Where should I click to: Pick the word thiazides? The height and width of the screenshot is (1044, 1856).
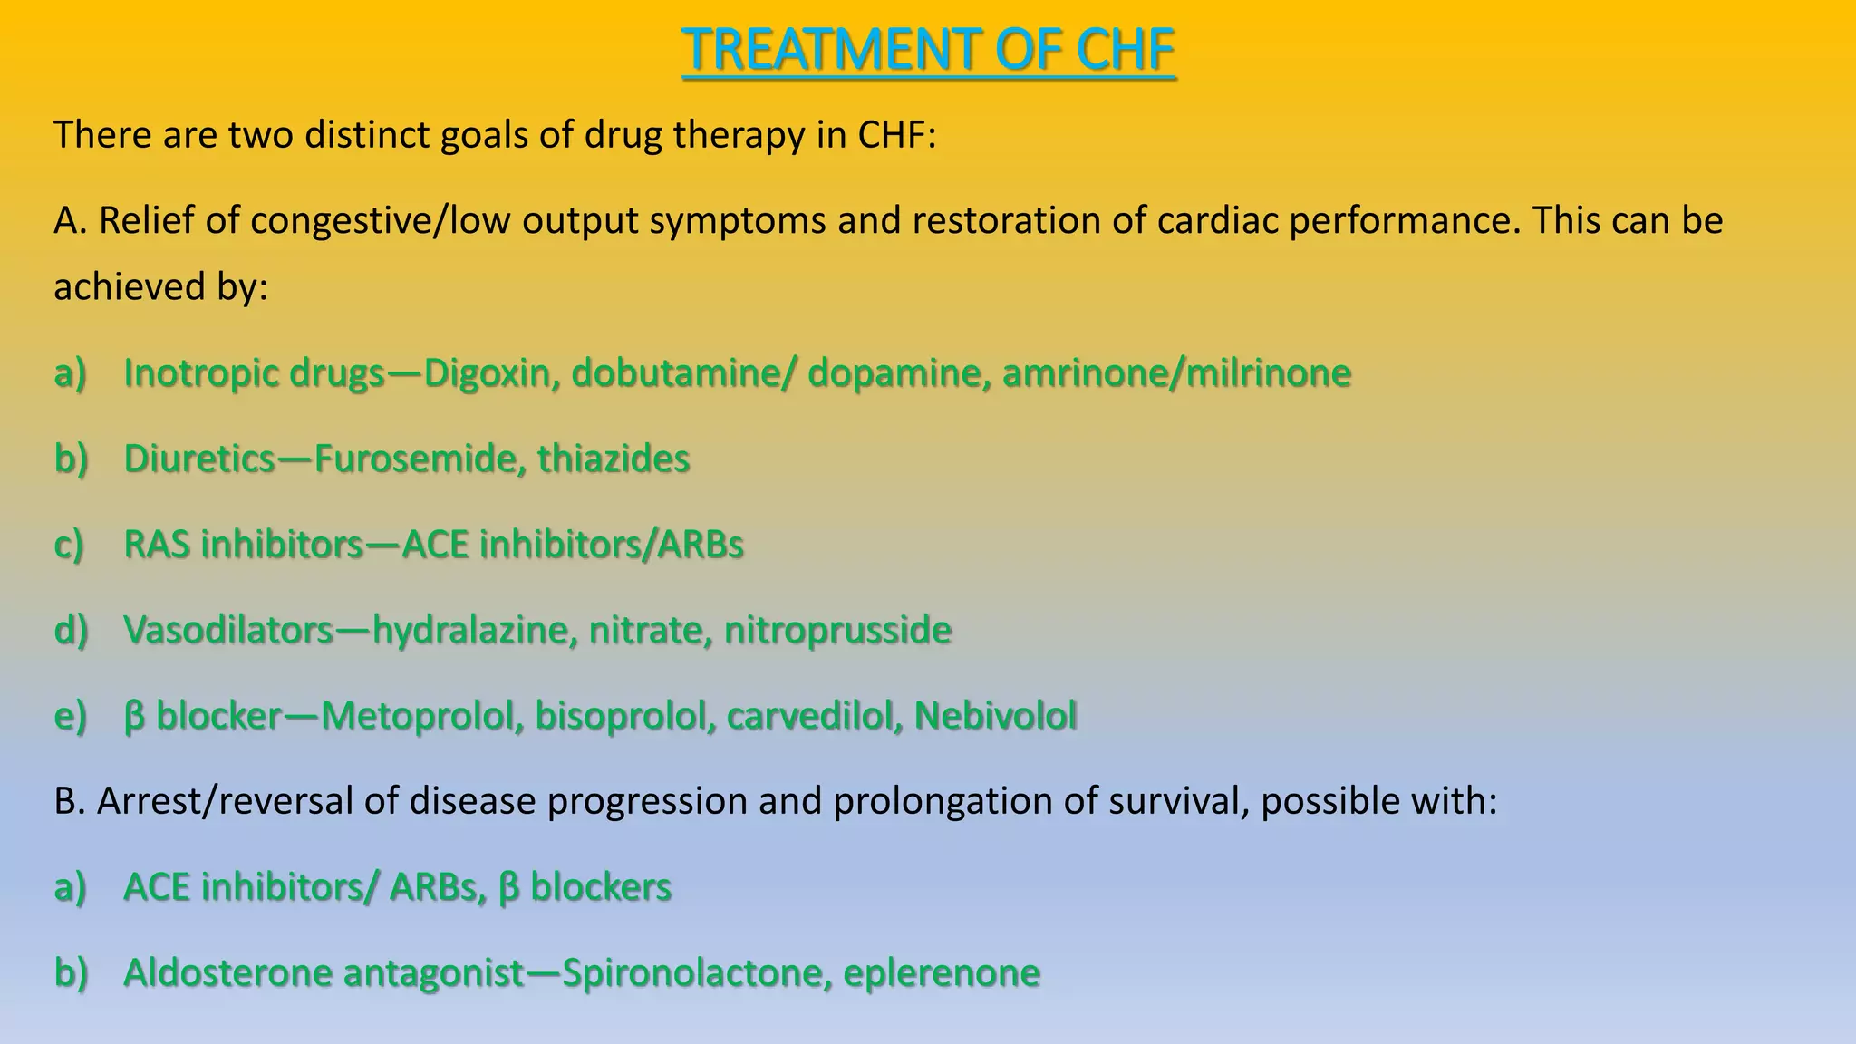[x=614, y=459]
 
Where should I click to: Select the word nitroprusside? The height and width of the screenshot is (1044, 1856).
[x=837, y=631]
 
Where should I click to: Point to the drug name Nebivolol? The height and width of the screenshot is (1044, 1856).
[x=995, y=716]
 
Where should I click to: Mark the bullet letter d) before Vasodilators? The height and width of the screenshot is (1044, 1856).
[x=71, y=631]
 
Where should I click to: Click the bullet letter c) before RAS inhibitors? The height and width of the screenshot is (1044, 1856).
[x=70, y=546]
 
